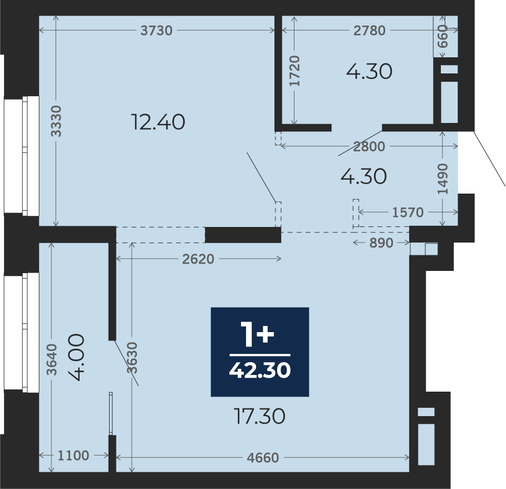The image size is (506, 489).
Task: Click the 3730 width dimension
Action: (156, 31)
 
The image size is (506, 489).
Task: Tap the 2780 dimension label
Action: (370, 31)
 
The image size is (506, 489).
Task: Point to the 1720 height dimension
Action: (294, 71)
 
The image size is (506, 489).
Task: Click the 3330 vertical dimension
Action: (56, 121)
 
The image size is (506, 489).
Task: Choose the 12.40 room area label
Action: (158, 122)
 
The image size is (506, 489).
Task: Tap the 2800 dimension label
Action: (369, 147)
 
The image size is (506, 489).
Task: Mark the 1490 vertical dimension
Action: (443, 179)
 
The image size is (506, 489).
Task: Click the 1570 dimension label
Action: (408, 213)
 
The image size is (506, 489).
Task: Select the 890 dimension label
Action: (381, 243)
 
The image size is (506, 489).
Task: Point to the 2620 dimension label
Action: (198, 259)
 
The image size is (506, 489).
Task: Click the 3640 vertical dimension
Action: (52, 359)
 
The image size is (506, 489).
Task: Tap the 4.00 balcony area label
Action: (77, 357)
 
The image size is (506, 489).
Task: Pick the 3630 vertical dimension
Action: (132, 358)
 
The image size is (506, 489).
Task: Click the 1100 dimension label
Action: (73, 456)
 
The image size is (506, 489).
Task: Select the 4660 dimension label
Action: (263, 458)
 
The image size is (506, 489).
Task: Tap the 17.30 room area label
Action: (259, 416)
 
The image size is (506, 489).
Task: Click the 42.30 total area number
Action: (260, 371)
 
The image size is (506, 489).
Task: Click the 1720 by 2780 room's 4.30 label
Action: (369, 71)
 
